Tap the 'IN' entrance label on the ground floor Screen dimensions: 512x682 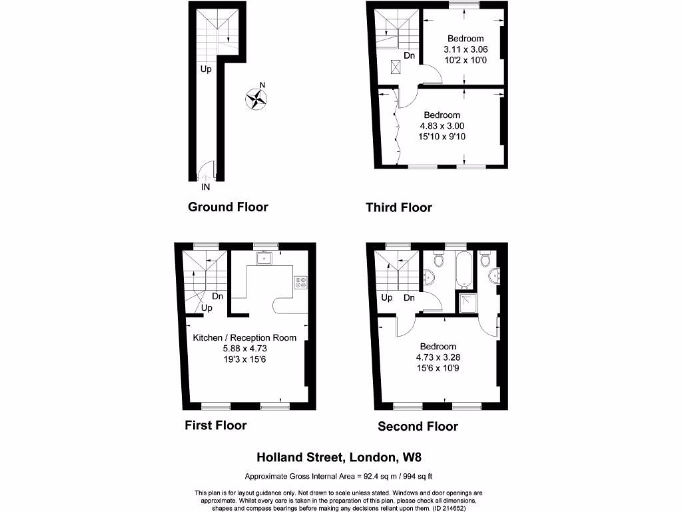(205, 187)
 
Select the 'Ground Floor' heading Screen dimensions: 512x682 (228, 207)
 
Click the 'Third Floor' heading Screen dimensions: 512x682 (398, 207)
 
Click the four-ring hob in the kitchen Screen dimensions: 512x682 (300, 282)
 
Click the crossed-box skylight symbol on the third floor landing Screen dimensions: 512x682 (395, 66)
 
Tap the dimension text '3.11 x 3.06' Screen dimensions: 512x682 (465, 49)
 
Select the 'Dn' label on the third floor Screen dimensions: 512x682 (409, 56)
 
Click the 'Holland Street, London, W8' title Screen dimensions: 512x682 (340, 457)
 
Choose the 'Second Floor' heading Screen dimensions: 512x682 (418, 427)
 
